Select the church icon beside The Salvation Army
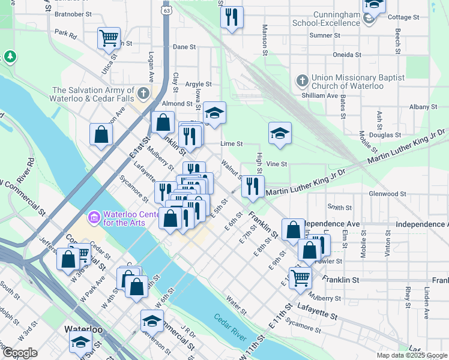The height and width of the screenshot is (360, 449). pyautogui.click(x=143, y=94)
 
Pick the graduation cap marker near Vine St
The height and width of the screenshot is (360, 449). pyautogui.click(x=280, y=134)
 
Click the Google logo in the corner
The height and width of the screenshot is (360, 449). pyautogui.click(x=20, y=353)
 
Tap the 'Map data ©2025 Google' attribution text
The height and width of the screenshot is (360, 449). pyautogui.click(x=411, y=355)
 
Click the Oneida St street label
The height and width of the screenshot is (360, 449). pyautogui.click(x=348, y=54)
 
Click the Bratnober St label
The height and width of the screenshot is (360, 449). pyautogui.click(x=73, y=13)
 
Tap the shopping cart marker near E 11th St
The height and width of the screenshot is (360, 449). pyautogui.click(x=300, y=277)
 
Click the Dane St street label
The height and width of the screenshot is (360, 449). pyautogui.click(x=184, y=46)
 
